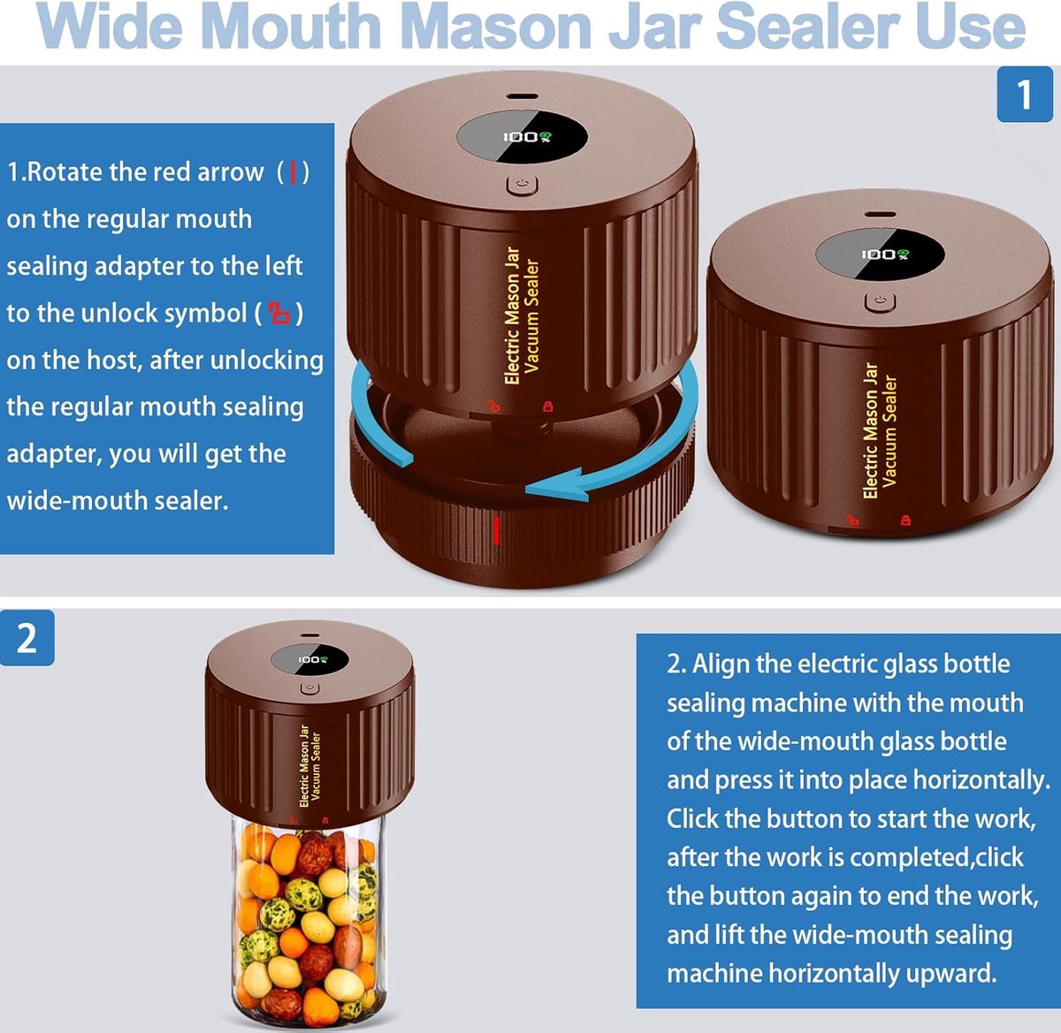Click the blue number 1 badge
1025,95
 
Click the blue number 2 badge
27,637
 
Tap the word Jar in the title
654,27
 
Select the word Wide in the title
111,27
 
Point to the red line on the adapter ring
496,530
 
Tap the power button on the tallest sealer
523,185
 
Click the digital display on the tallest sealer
522,136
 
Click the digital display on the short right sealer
880,254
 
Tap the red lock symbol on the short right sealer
905,520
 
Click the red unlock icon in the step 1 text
279,314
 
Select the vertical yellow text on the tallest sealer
522,315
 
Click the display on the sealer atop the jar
309,660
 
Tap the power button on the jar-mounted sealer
309,688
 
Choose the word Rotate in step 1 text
65,172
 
